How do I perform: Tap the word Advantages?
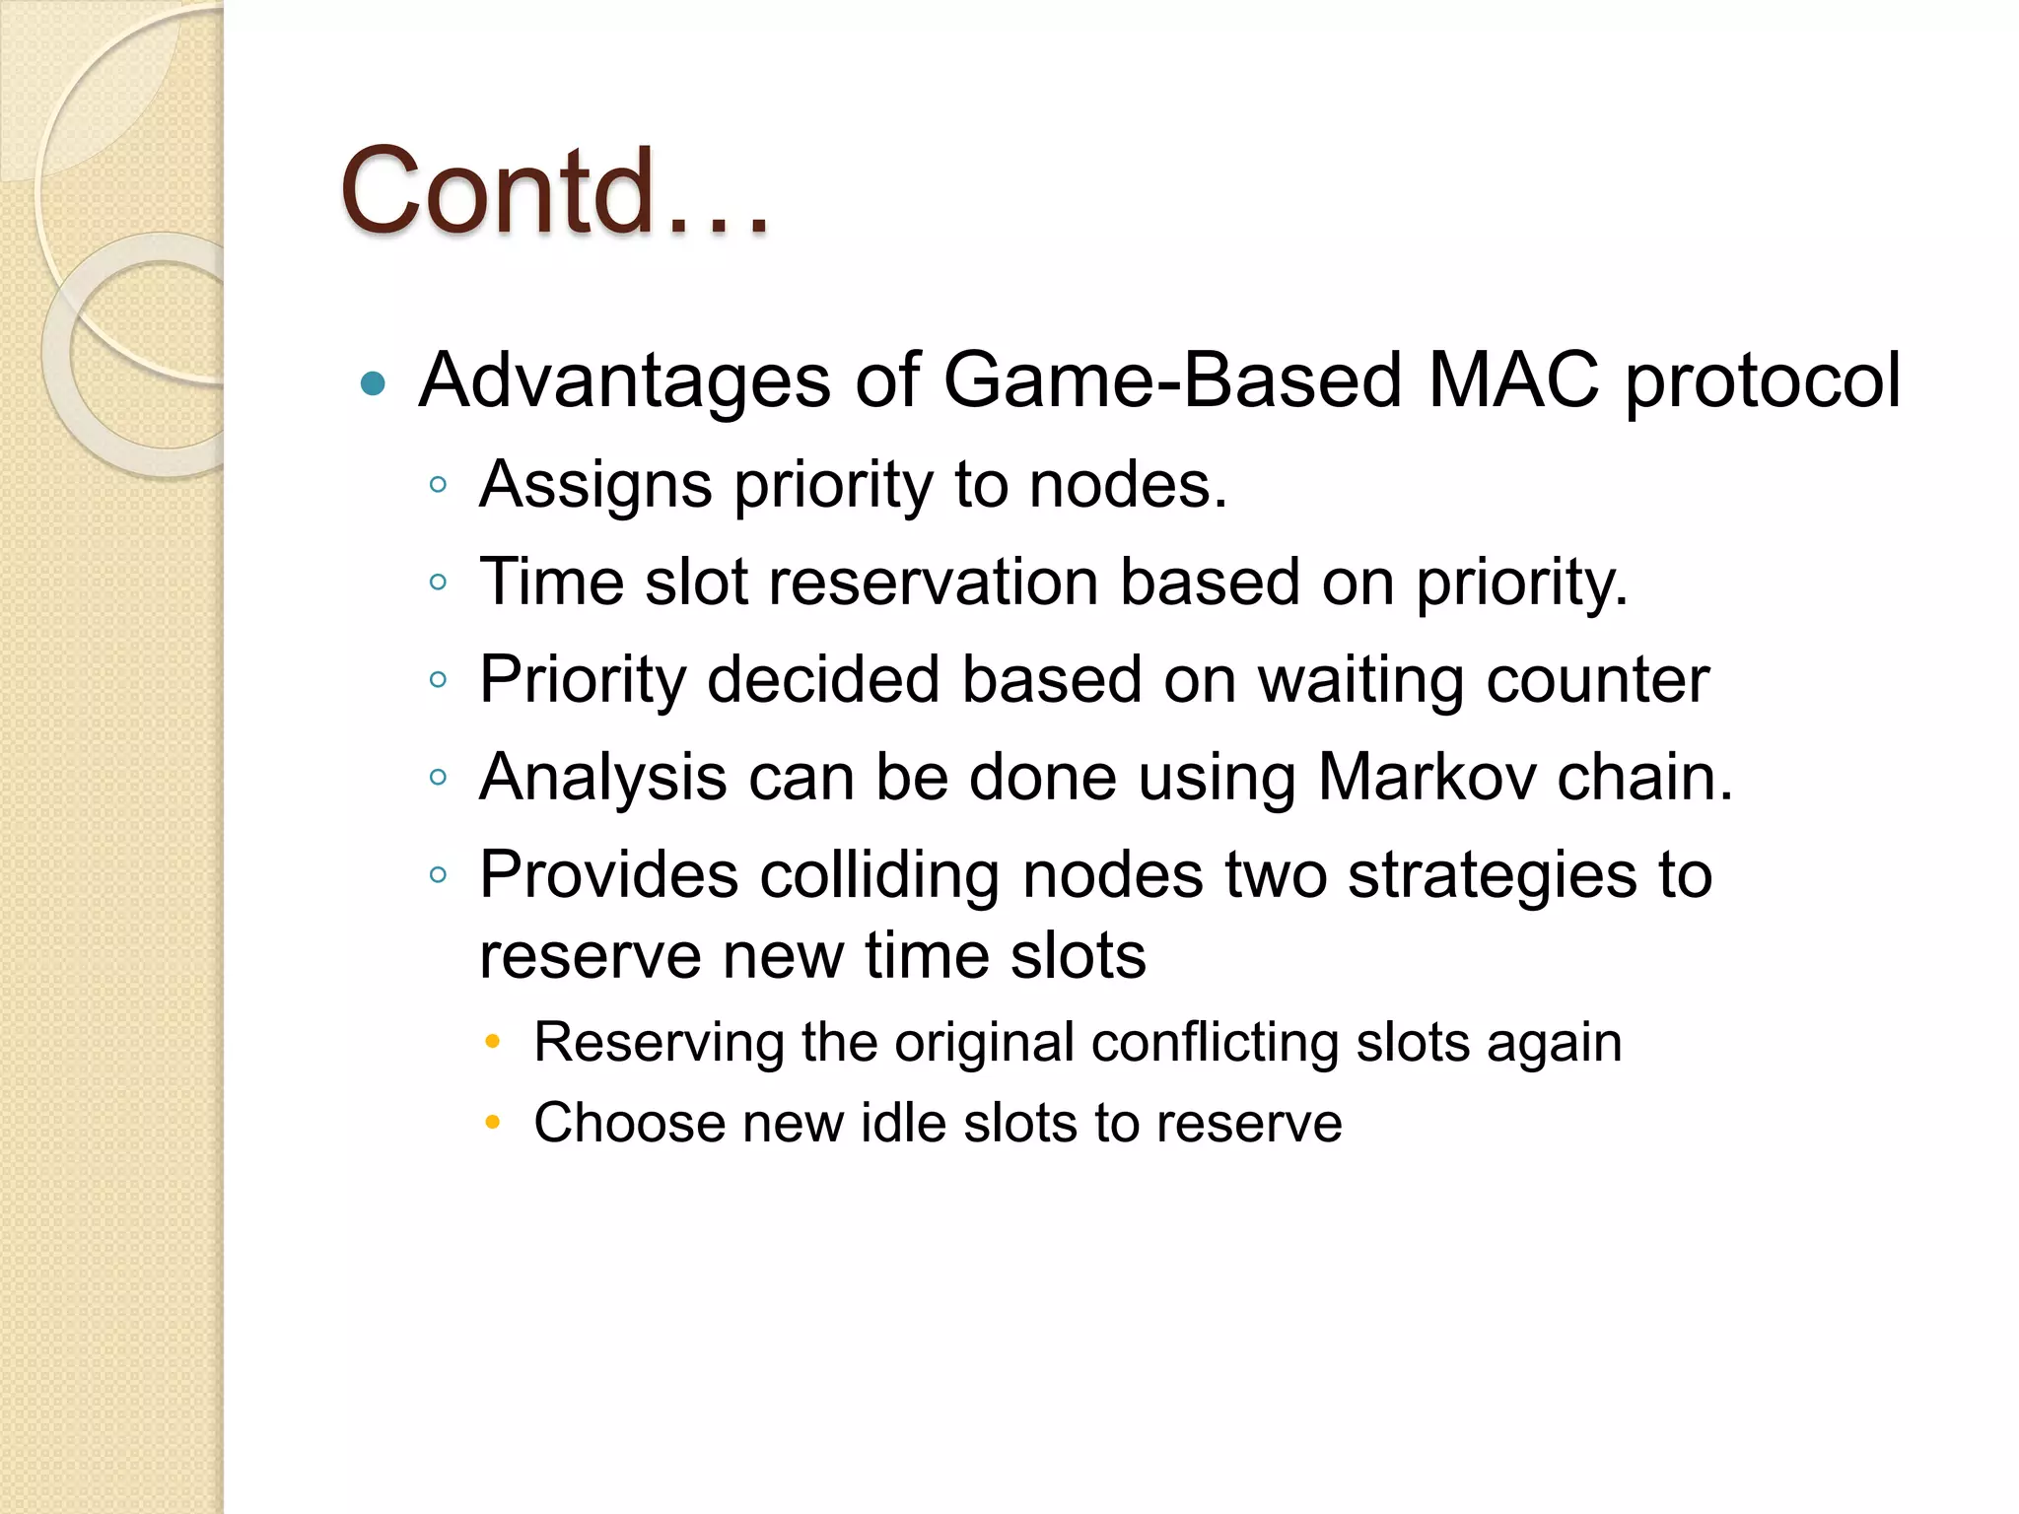(x=624, y=381)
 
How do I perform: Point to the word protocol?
(x=1762, y=381)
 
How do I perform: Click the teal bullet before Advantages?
(x=373, y=383)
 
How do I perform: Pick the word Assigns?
(x=594, y=486)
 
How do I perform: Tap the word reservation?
(x=933, y=582)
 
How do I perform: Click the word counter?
(x=1597, y=680)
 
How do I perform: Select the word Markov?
(x=1426, y=778)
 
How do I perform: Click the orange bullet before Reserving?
(x=493, y=1041)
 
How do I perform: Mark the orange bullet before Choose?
(x=493, y=1122)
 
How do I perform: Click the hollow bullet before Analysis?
(x=439, y=777)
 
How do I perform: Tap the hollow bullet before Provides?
(x=439, y=874)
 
